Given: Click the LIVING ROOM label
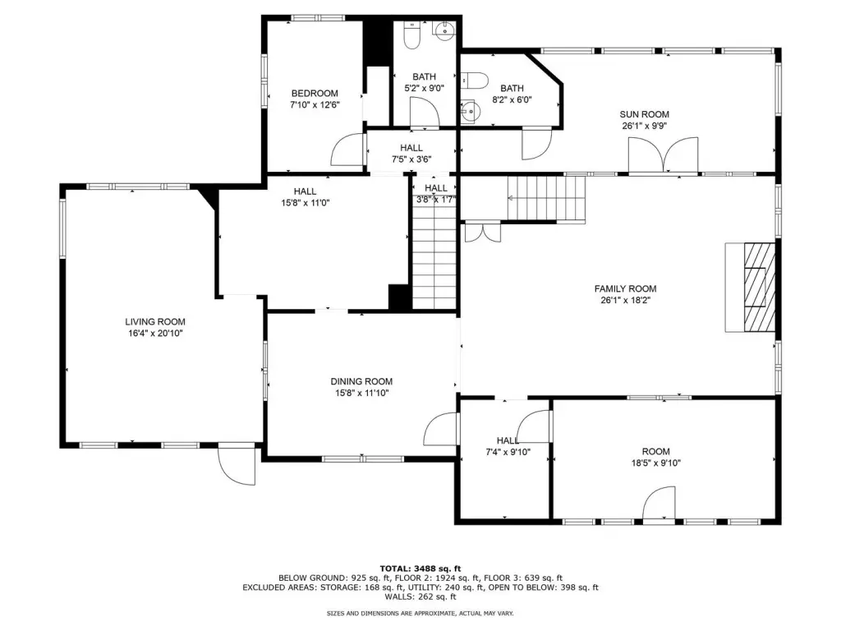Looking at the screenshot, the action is click(155, 322).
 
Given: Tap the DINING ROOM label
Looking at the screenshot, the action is click(361, 381).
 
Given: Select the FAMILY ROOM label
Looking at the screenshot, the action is click(625, 288).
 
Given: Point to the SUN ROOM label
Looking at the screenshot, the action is click(644, 114).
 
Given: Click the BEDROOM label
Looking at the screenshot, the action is click(315, 94).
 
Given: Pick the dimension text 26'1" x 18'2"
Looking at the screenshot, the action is click(625, 301).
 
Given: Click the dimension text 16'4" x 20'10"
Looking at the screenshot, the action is click(155, 334).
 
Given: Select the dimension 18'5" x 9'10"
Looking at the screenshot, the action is click(656, 463).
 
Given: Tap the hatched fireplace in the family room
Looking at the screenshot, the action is click(760, 288).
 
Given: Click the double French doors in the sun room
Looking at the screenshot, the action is click(664, 154).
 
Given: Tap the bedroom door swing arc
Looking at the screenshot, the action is click(348, 149).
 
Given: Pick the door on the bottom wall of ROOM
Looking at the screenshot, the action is click(659, 504).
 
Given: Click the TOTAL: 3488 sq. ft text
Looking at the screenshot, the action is click(420, 569).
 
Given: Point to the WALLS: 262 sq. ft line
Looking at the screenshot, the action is click(420, 596).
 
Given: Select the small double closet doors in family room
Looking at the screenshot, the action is click(483, 232).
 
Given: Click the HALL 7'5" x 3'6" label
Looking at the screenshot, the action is click(411, 154).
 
